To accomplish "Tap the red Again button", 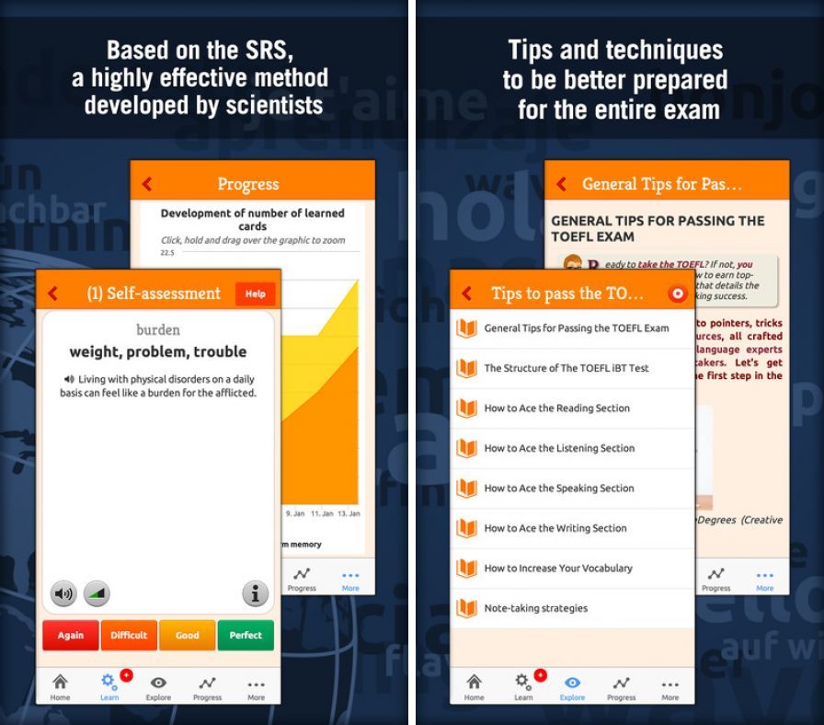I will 71,635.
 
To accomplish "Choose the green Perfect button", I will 246,635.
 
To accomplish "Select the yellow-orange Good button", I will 188,635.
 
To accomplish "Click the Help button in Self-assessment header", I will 255,293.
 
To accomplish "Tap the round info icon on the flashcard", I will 255,593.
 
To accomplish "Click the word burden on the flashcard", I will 158,329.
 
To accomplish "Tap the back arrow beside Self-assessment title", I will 53,293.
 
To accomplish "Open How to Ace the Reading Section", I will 556,408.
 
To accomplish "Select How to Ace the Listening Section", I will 559,448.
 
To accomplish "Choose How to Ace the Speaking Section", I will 558,489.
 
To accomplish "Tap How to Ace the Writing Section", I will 555,528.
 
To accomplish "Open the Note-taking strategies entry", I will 535,608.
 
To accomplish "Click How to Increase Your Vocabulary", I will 558,569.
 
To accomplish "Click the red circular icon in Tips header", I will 678,293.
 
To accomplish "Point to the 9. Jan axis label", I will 295,512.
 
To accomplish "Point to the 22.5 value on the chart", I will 167,252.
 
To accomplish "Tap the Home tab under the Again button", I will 60,686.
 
